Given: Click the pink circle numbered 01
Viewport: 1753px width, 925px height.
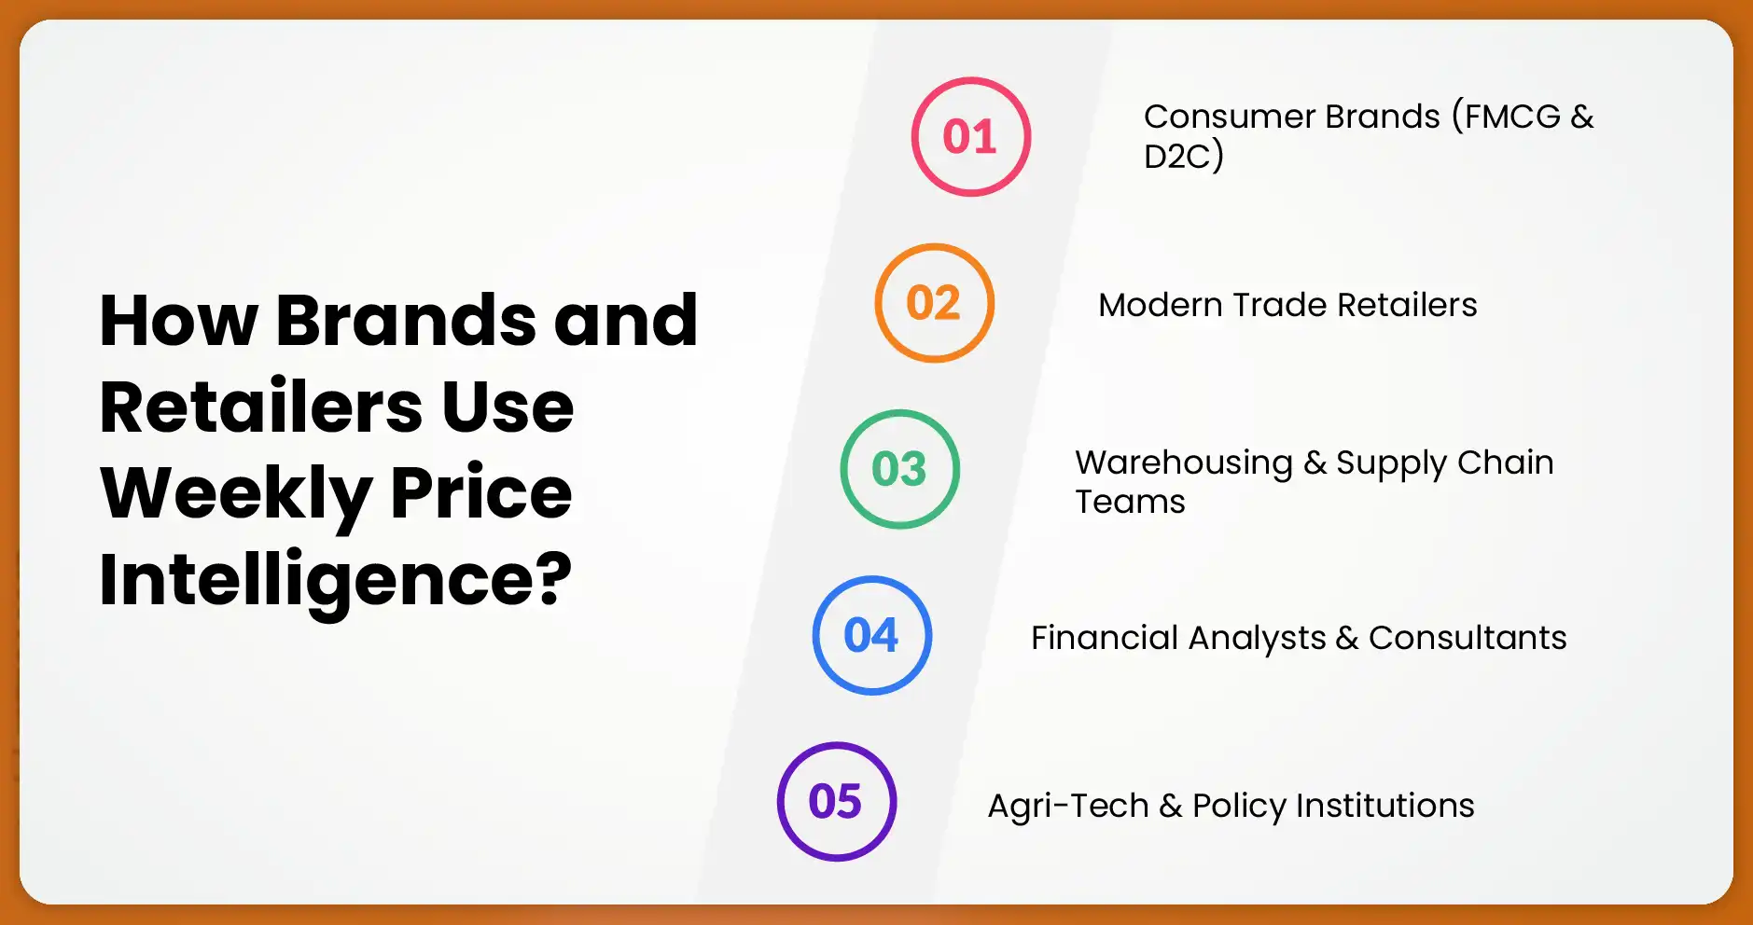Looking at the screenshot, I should pos(970,137).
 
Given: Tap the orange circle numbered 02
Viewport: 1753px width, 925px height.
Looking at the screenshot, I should pos(934,303).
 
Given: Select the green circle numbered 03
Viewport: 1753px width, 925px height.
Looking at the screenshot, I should pos(899,469).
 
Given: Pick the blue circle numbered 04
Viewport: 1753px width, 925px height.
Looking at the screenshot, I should pos(871,635).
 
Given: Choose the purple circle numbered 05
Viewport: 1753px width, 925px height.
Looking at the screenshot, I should pos(836,802).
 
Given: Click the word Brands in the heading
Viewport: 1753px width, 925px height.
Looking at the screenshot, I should pos(405,320).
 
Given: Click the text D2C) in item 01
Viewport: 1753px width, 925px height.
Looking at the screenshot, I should pos(1183,156).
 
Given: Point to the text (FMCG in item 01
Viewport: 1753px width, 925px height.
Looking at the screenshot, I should pos(1506,117).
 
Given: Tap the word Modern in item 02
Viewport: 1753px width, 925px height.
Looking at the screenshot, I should pos(1160,305).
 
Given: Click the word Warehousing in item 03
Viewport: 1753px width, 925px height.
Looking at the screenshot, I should pos(1183,462).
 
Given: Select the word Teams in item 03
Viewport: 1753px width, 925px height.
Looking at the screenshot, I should pos(1130,502).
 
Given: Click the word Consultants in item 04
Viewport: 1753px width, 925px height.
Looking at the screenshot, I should pos(1467,638).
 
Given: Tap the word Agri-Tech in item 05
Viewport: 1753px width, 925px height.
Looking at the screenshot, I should pos(1067,806).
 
